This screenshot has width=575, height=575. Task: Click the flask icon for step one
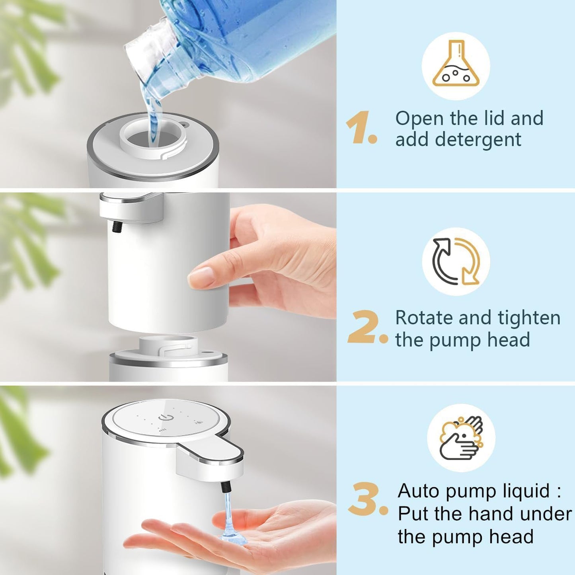(x=456, y=65)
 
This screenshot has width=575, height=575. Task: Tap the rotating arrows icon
(x=456, y=261)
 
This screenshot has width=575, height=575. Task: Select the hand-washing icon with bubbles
(x=461, y=438)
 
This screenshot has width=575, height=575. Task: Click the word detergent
(x=478, y=140)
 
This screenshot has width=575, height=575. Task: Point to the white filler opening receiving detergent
(x=153, y=137)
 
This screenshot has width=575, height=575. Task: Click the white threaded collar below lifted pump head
(x=168, y=345)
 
